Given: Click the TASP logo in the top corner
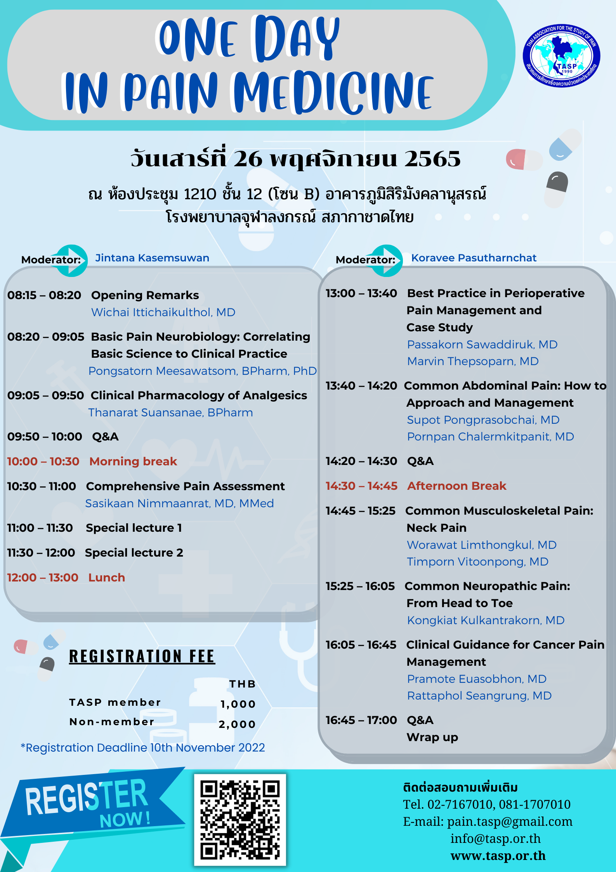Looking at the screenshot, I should coord(561,56).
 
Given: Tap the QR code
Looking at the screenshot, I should coord(240,820).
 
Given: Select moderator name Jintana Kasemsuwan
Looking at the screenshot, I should coord(152,258).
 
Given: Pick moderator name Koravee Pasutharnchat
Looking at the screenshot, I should coord(474,258).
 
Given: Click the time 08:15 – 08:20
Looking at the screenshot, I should coord(44,295).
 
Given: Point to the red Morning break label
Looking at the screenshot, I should coord(133,461).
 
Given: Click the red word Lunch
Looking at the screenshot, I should coord(107,578).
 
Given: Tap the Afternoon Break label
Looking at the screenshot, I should coord(456,486).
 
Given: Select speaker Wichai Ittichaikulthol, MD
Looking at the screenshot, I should coord(163,312).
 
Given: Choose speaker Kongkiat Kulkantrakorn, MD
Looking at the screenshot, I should coord(486,620).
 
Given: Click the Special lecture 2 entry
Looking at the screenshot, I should coord(134,553).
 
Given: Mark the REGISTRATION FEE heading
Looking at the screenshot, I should coord(142,657).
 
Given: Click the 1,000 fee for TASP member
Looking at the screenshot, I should coord(238,704).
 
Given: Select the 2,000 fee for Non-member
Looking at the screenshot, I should coord(237,724).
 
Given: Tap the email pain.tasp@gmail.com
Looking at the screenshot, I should coord(510,822).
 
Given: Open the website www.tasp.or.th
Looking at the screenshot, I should coord(498,856).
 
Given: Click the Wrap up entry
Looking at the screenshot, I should coord(432,737).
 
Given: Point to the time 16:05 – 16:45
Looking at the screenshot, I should coord(361,645).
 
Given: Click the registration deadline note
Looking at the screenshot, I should coord(143,748).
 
